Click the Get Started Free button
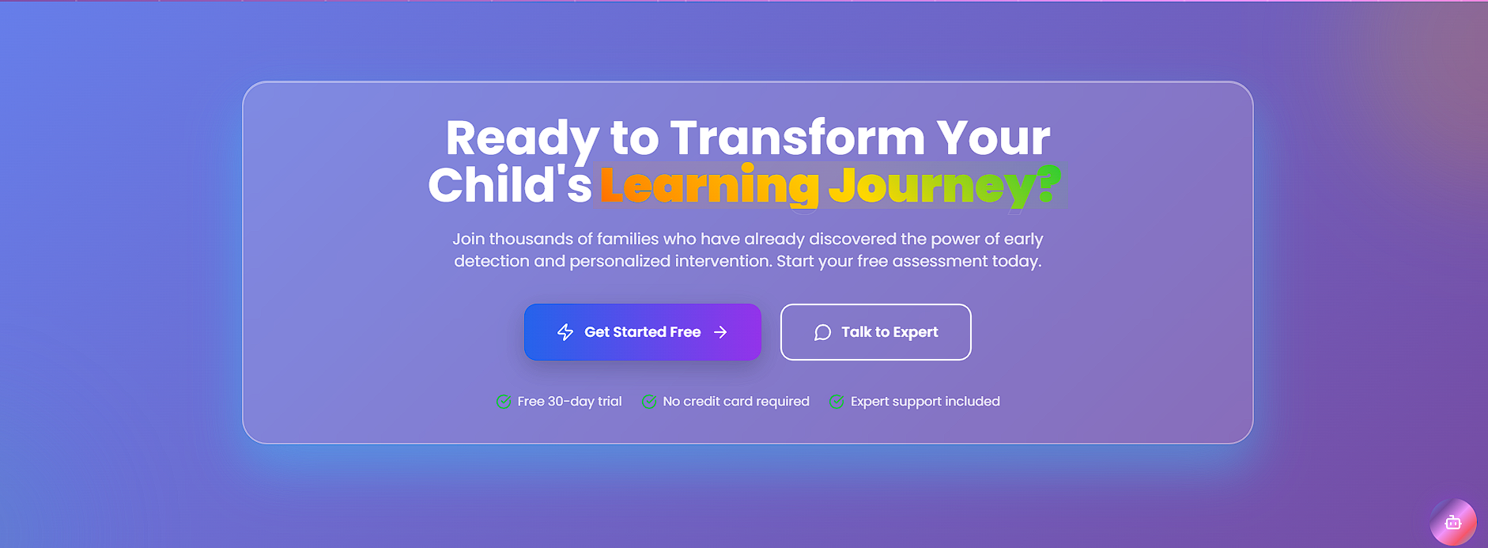[x=642, y=332]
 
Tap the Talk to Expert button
[x=875, y=332]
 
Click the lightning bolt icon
[x=565, y=332]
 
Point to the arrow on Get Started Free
[x=720, y=332]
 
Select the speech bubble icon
[x=822, y=332]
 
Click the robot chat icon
[x=1453, y=523]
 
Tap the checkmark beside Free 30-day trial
[x=503, y=402]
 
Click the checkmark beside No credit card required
[x=648, y=402]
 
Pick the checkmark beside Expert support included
[x=837, y=402]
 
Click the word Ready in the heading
[x=522, y=139]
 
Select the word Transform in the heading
[x=798, y=138]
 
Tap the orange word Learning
[x=709, y=186]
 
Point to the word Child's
[x=510, y=185]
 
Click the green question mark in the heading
[x=1048, y=183]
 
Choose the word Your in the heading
[x=994, y=138]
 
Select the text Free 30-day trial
[x=569, y=402]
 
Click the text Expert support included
[x=925, y=402]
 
